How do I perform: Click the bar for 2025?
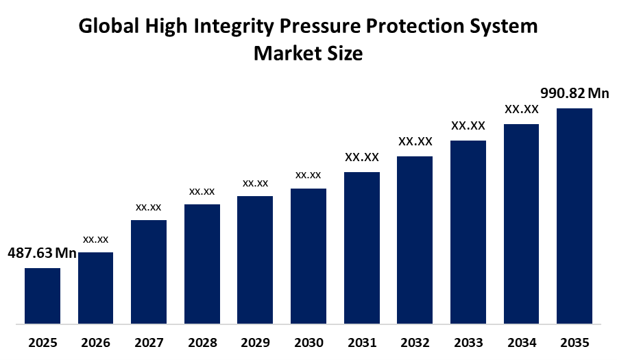(43, 296)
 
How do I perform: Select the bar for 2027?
(149, 272)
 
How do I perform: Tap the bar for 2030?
(308, 256)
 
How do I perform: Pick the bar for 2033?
(468, 232)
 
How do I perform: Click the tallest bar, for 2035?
(574, 216)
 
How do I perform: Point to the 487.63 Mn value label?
(42, 253)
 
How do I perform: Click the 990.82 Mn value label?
(574, 93)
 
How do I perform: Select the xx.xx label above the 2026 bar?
(95, 239)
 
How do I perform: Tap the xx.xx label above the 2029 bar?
(256, 183)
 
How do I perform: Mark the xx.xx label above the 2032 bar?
(415, 141)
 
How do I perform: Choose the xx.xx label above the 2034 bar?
(522, 109)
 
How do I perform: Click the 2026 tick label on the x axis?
(95, 343)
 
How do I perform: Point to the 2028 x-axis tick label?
(202, 343)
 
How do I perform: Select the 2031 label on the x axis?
(362, 343)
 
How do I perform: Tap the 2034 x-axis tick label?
(522, 343)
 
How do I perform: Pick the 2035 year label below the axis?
(574, 343)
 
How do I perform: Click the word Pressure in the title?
(319, 26)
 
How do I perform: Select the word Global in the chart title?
(109, 26)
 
